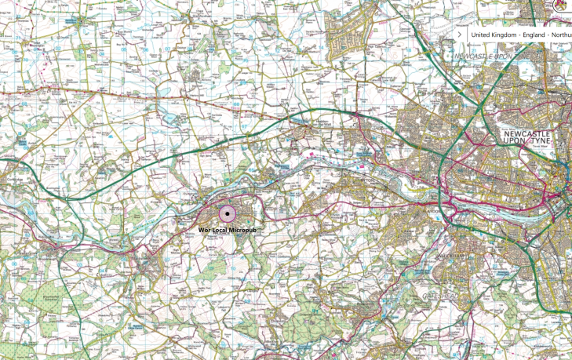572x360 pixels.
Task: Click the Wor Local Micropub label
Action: coord(227,230)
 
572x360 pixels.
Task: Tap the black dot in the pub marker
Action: coord(228,213)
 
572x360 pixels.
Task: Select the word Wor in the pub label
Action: coord(205,230)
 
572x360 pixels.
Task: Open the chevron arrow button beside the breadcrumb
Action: coord(460,35)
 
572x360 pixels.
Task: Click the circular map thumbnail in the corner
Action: coord(562,5)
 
